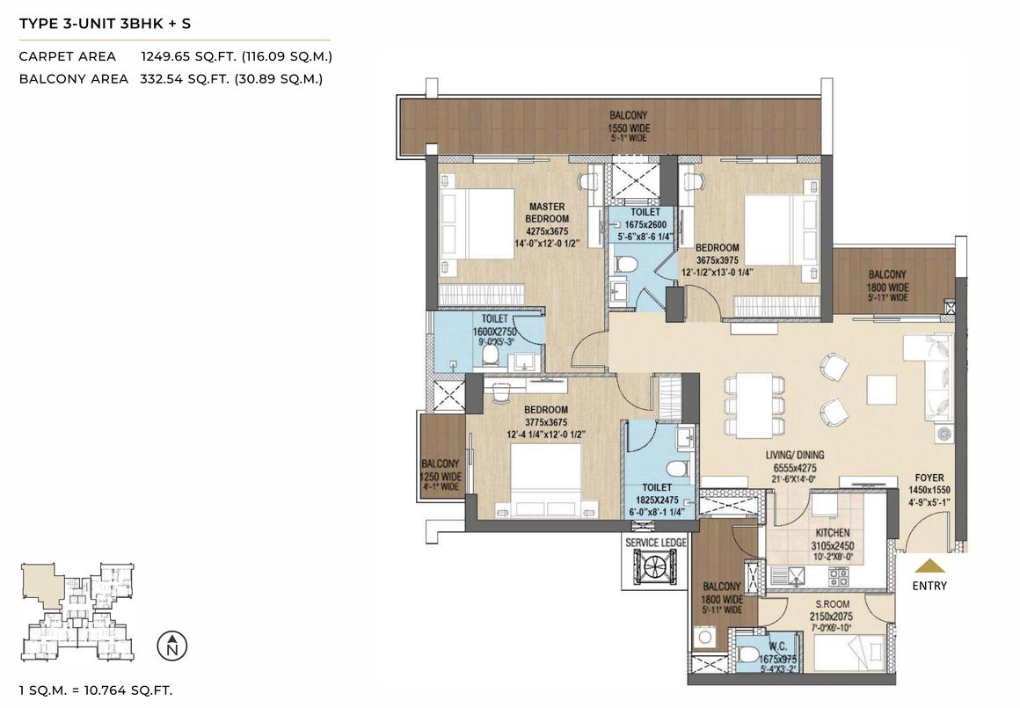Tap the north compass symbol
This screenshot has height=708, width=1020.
click(x=172, y=646)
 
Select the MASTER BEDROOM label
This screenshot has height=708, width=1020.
click(x=547, y=213)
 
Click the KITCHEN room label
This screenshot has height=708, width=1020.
click(x=833, y=533)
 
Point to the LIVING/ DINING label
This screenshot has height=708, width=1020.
click(x=795, y=456)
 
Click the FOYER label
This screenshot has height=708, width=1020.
click(x=929, y=478)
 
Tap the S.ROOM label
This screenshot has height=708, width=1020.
click(x=832, y=604)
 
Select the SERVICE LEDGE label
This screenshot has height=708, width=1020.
click(x=656, y=543)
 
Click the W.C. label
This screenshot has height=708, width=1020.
click(x=778, y=646)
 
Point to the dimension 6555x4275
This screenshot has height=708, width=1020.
click(x=795, y=468)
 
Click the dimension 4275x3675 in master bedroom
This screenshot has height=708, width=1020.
click(x=547, y=231)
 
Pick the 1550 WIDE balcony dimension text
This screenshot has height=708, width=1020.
click(x=629, y=128)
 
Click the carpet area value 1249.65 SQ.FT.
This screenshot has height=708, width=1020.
click(x=181, y=56)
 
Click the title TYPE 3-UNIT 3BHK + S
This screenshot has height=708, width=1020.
click(x=105, y=24)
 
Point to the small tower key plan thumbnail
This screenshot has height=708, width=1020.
click(x=79, y=611)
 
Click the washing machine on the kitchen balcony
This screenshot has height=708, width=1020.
click(x=703, y=638)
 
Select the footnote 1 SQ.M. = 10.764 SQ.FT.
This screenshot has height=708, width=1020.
click(x=96, y=690)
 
